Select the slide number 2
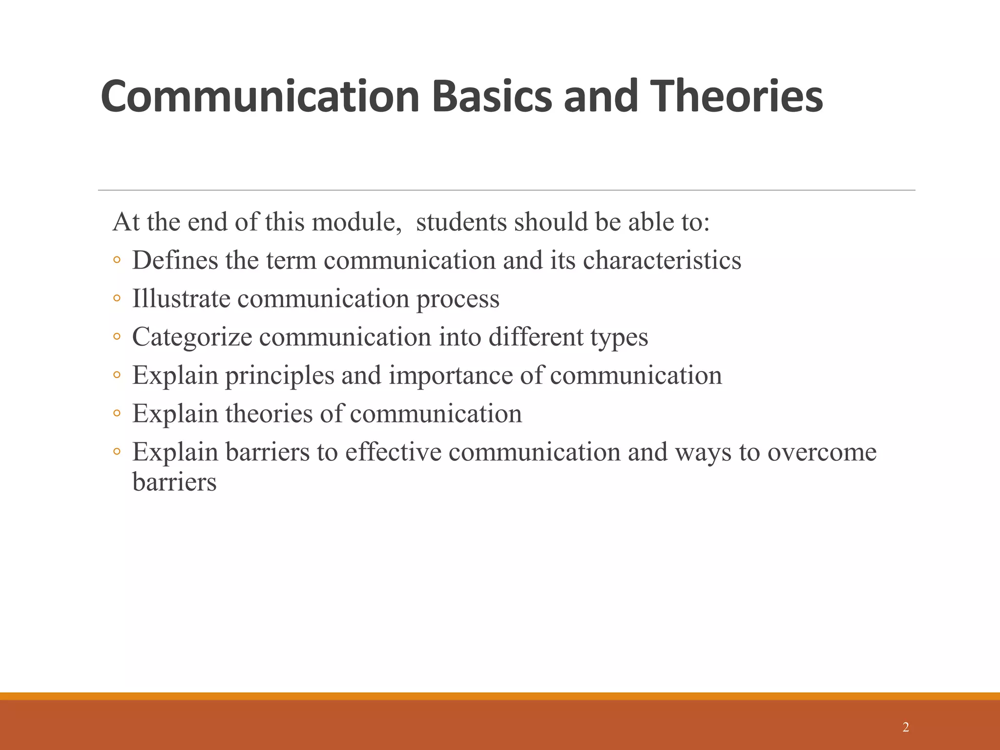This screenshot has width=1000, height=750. click(906, 727)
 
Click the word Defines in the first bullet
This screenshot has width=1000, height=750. click(175, 260)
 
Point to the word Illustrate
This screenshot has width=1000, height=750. click(181, 298)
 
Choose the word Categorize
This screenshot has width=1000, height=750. click(192, 337)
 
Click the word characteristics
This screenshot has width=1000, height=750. click(662, 260)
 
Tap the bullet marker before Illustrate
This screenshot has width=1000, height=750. click(117, 298)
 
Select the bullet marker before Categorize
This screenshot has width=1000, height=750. click(117, 337)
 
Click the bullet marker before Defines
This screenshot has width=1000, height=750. click(117, 260)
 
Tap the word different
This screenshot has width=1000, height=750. click(536, 337)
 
